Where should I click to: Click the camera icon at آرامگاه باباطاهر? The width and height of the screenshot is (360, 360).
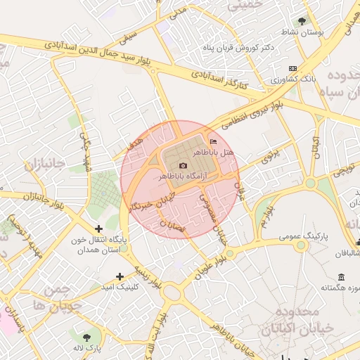click(184, 165)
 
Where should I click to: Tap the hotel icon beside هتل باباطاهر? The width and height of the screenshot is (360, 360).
click(214, 142)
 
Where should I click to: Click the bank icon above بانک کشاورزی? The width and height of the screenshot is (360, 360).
click(292, 69)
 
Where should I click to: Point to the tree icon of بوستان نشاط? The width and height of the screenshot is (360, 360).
click(302, 21)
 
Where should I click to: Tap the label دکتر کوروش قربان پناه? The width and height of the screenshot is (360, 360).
click(258, 47)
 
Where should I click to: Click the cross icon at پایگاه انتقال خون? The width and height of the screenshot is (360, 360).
click(98, 229)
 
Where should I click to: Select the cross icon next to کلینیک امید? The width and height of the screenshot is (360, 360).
click(120, 276)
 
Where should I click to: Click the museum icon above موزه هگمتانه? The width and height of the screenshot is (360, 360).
click(342, 276)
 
